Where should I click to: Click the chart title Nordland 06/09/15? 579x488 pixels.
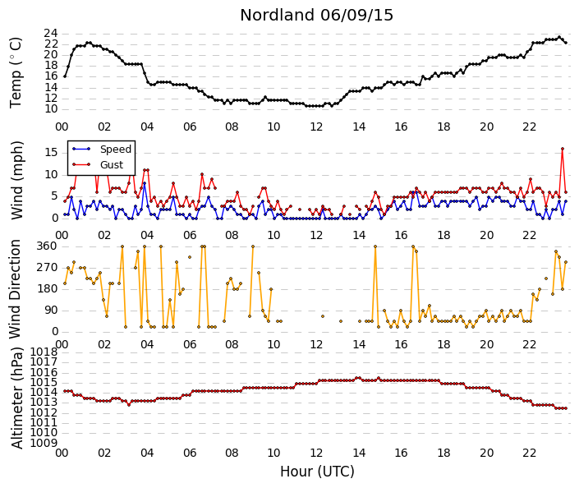click(x=316, y=15)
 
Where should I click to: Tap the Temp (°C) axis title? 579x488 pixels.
click(x=16, y=73)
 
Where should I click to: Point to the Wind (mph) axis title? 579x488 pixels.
click(x=16, y=180)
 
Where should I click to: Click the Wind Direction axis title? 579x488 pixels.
click(x=15, y=289)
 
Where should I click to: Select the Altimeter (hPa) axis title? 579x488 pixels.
click(x=16, y=398)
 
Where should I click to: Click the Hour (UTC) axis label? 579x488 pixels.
click(x=317, y=472)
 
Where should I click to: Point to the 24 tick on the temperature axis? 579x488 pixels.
click(x=51, y=34)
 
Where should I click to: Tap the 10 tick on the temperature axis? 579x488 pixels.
click(x=51, y=109)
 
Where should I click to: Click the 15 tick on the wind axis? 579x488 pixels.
click(x=51, y=153)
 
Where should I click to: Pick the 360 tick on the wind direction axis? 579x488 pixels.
click(x=47, y=246)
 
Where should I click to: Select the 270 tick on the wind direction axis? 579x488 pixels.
click(x=47, y=268)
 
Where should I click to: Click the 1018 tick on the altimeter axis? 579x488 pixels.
click(x=44, y=352)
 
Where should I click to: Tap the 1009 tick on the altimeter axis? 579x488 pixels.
click(x=44, y=443)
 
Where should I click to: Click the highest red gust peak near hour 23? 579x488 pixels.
click(x=563, y=149)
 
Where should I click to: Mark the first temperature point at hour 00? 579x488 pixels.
click(x=65, y=76)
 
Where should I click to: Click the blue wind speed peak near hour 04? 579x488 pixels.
click(x=145, y=183)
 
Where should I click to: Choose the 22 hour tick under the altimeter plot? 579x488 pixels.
click(x=529, y=453)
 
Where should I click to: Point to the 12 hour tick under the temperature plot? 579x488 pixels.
click(x=316, y=127)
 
